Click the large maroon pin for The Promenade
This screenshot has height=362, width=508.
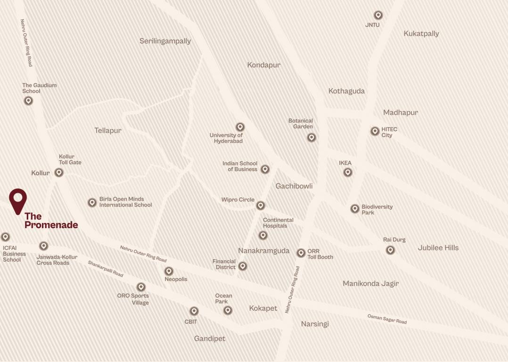pyautogui.click(x=18, y=199)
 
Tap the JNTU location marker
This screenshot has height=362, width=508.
pyautogui.click(x=378, y=16)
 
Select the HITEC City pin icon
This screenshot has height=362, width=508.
pyautogui.click(x=375, y=131)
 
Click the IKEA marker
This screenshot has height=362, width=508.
pyautogui.click(x=348, y=172)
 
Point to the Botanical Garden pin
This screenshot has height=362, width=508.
pyautogui.click(x=311, y=137)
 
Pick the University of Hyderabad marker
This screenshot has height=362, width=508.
pyautogui.click(x=240, y=127)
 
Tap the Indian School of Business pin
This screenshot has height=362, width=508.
pyautogui.click(x=265, y=169)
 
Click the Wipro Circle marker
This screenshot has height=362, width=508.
pyautogui.click(x=261, y=205)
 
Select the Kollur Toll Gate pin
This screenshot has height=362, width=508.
pyautogui.click(x=59, y=173)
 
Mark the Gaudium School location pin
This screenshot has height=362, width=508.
pyautogui.click(x=28, y=100)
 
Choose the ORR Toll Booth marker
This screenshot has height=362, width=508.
pyautogui.click(x=301, y=253)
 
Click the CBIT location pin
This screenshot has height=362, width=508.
pyautogui.click(x=194, y=311)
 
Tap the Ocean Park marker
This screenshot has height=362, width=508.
pyautogui.click(x=228, y=310)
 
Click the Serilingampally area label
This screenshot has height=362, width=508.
pyautogui.click(x=165, y=41)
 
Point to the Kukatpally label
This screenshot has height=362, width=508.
pyautogui.click(x=421, y=33)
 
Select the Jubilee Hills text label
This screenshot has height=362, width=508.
pyautogui.click(x=438, y=247)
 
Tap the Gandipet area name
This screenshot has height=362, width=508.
pyautogui.click(x=210, y=338)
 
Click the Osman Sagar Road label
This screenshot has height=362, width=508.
pyautogui.click(x=387, y=319)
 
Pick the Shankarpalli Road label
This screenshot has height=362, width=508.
pyautogui.click(x=105, y=268)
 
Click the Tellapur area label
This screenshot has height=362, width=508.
pyautogui.click(x=107, y=131)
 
